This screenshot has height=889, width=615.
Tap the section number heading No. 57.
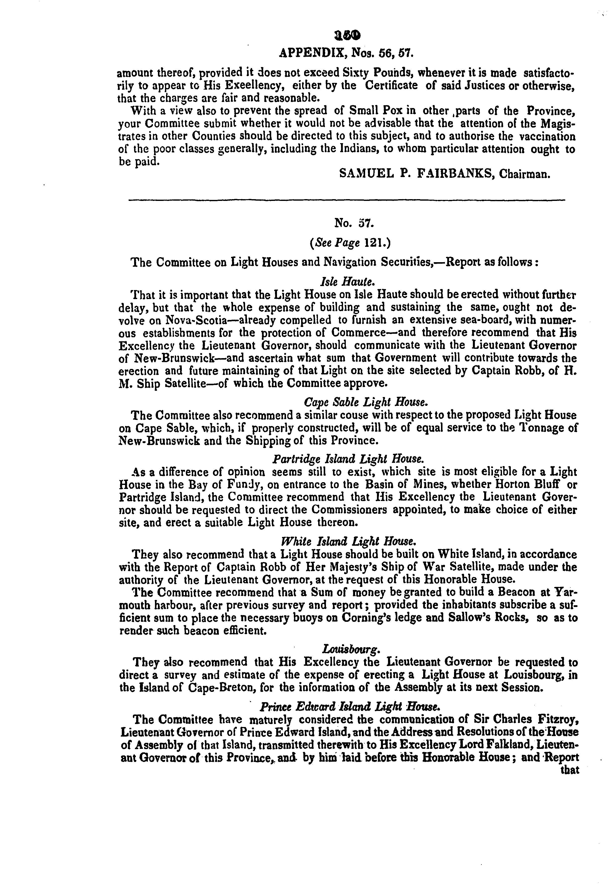click(x=349, y=223)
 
